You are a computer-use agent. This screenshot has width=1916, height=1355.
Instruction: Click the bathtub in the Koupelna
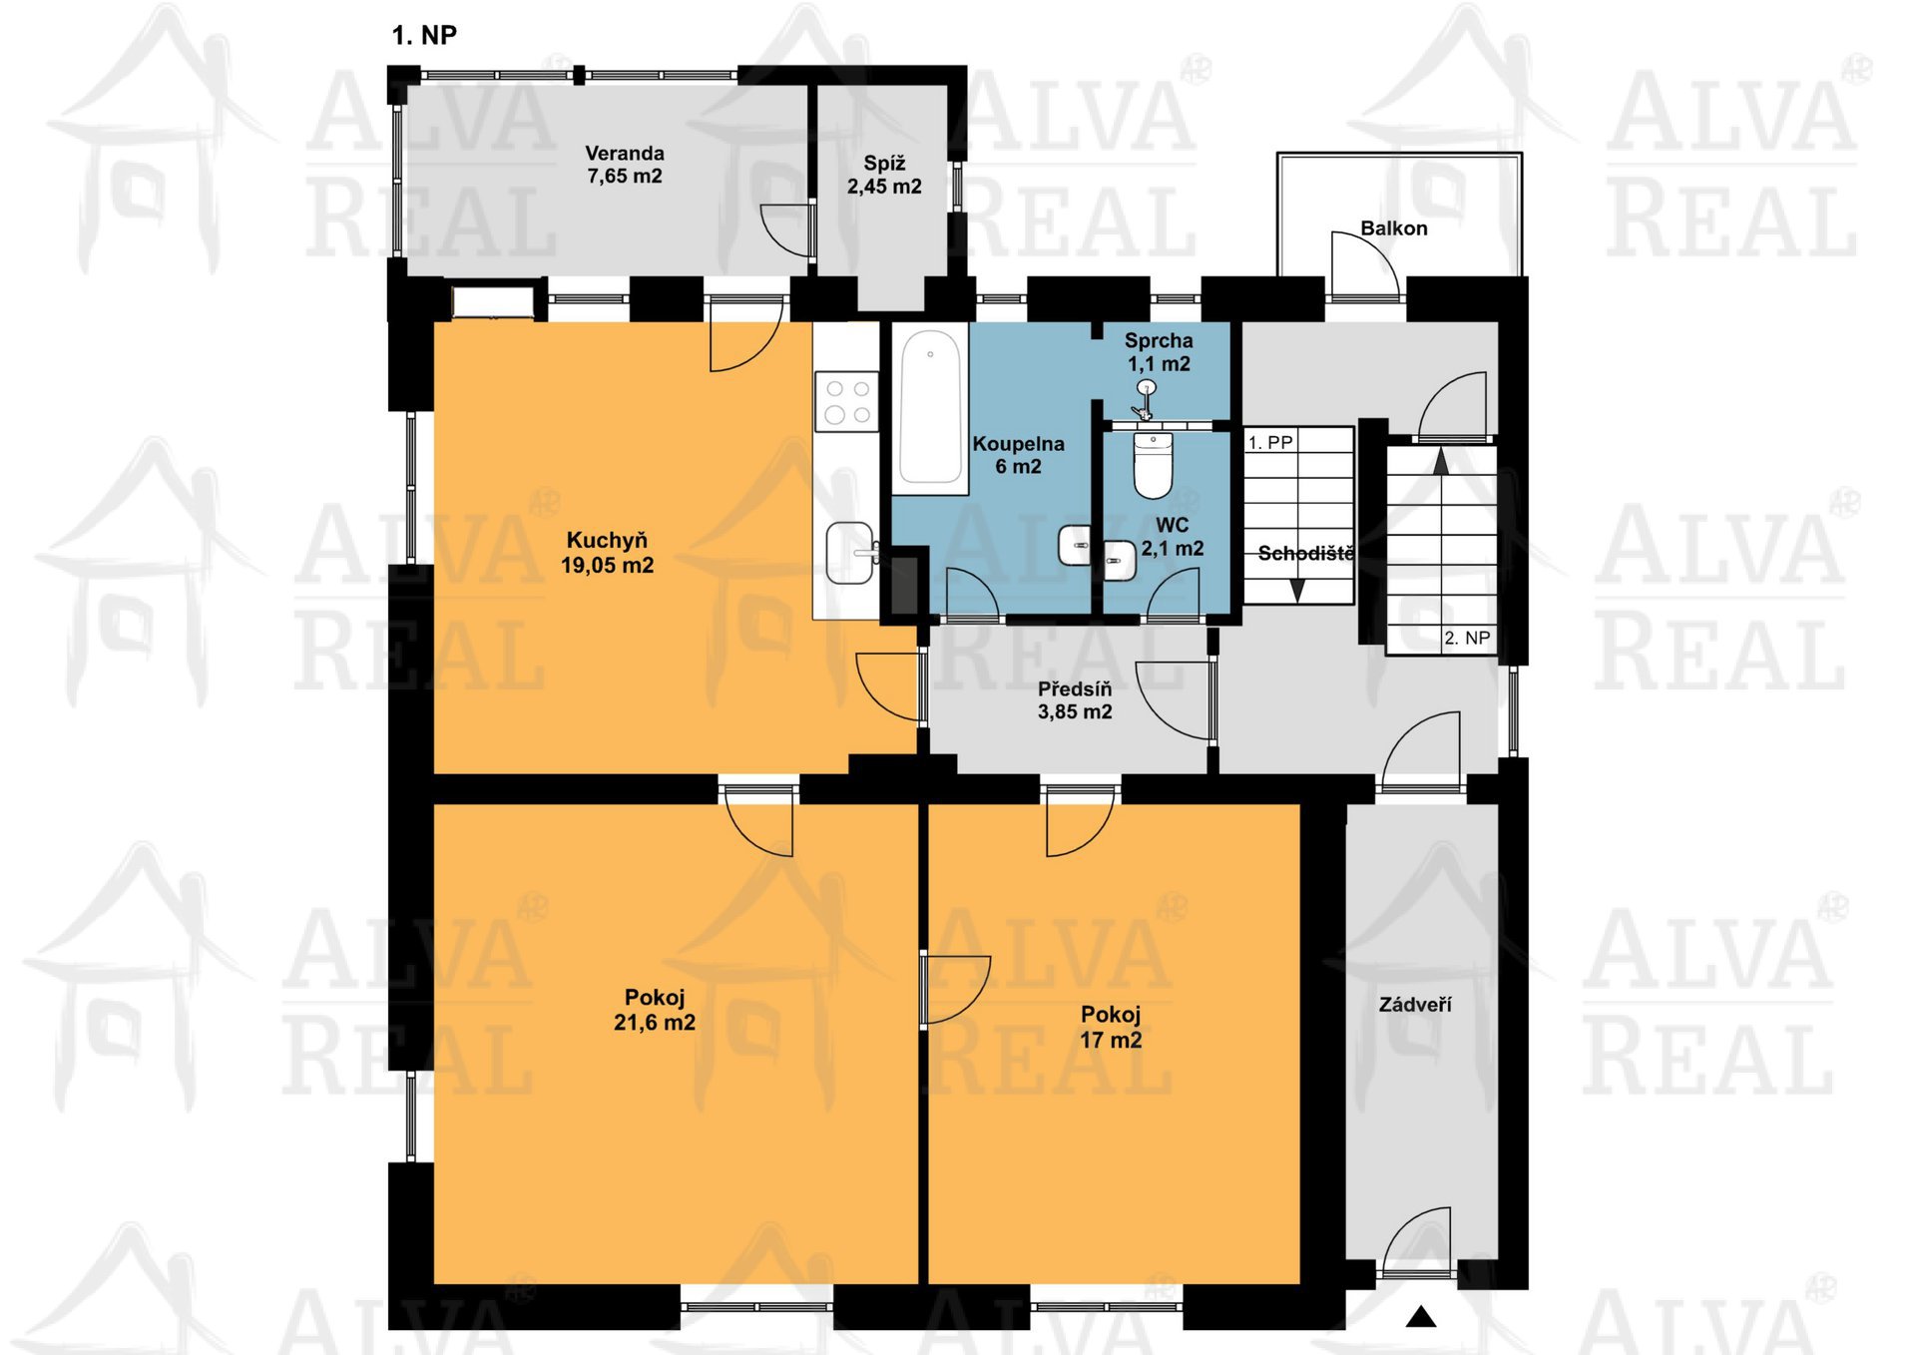point(930,408)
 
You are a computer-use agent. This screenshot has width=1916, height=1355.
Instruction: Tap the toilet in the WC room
point(1154,465)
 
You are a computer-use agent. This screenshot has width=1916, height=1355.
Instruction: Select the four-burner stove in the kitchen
point(847,401)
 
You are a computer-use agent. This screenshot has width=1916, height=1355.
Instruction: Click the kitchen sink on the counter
point(850,553)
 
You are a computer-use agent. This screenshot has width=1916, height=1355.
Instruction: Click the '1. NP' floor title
point(424,36)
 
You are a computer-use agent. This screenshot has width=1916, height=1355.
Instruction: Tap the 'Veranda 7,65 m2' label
point(625,165)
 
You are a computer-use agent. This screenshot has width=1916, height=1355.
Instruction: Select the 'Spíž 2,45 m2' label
point(884,175)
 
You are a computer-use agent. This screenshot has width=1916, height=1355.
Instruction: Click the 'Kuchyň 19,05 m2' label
point(607,553)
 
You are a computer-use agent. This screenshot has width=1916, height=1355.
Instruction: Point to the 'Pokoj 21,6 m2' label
point(655,1010)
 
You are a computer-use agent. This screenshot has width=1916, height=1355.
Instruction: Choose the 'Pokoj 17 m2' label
point(1111,1027)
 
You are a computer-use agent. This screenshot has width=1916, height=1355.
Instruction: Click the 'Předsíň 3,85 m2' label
point(1075,700)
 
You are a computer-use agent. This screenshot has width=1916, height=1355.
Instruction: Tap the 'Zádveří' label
point(1415,1005)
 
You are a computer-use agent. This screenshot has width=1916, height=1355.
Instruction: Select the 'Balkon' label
point(1394,228)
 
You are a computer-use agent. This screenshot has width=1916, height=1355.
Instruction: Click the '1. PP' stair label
point(1270,442)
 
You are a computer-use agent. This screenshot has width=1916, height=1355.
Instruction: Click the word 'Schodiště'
point(1305,553)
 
